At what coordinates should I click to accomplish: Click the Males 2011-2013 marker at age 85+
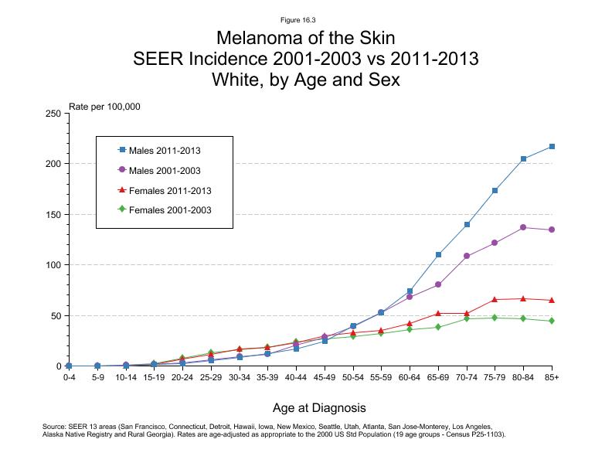552,147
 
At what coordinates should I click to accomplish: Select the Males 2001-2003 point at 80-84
523,227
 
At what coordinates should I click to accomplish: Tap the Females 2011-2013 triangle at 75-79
495,300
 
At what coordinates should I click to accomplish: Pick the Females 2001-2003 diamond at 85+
552,321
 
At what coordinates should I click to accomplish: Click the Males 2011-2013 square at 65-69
438,254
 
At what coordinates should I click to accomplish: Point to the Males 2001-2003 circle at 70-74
467,256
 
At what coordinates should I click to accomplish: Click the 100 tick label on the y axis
53,265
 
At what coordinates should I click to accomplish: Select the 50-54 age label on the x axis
353,379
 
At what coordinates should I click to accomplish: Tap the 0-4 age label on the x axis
69,379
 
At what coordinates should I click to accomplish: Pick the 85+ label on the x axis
552,379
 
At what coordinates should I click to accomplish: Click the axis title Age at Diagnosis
319,407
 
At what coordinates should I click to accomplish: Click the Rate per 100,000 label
104,107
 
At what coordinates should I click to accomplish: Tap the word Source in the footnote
55,426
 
